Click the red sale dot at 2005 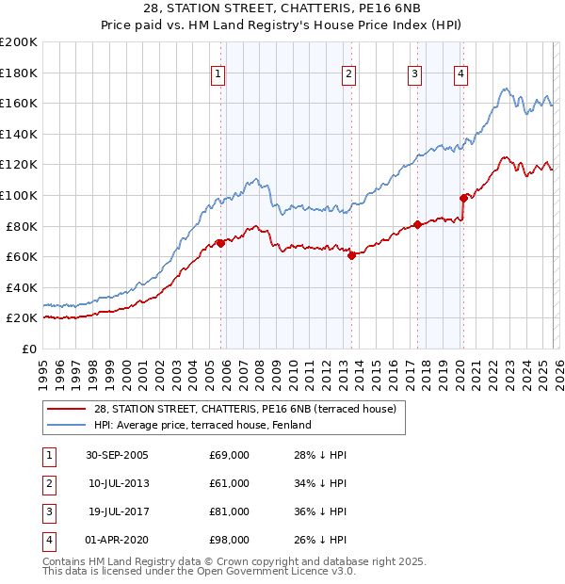[x=221, y=243]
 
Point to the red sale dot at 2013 [x=351, y=255]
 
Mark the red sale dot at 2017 [x=417, y=224]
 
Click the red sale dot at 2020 [x=463, y=198]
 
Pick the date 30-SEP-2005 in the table [x=117, y=455]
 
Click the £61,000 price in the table [x=230, y=483]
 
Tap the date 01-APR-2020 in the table [x=117, y=540]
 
